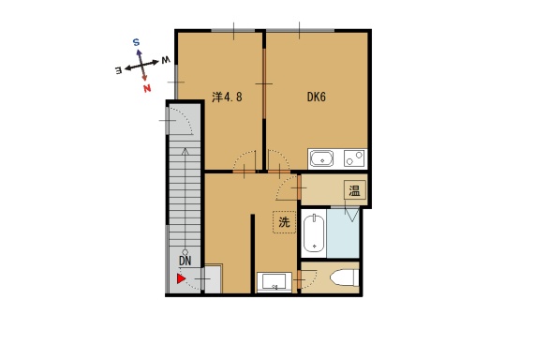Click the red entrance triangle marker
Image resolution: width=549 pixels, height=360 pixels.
(x=181, y=278)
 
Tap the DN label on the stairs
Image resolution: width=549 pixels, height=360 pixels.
(x=185, y=261)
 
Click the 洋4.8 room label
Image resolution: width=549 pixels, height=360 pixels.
(x=227, y=97)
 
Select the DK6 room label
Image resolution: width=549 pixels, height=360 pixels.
(x=316, y=97)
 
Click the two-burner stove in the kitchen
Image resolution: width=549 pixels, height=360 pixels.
(x=354, y=158)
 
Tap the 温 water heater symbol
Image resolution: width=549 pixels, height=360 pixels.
(x=354, y=191)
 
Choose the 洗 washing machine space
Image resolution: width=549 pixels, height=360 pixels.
(x=284, y=222)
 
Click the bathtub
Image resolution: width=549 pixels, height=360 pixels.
(x=314, y=233)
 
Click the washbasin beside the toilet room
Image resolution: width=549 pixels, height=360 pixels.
(x=274, y=282)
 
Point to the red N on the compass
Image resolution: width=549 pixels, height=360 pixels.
(x=147, y=88)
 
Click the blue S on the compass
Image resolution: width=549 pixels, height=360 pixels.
(x=136, y=42)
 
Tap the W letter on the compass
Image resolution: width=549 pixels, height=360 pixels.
(x=166, y=60)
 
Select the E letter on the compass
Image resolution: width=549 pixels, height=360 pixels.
(x=119, y=70)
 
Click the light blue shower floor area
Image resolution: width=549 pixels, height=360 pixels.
(x=343, y=233)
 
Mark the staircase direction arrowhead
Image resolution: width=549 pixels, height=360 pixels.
(x=185, y=152)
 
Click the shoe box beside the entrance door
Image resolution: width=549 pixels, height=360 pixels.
(x=213, y=278)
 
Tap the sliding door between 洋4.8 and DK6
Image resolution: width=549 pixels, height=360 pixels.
(x=264, y=83)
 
